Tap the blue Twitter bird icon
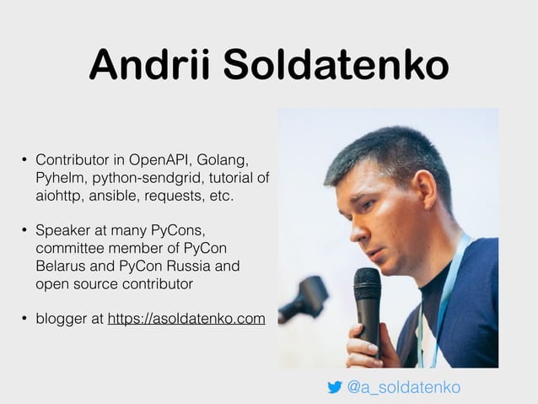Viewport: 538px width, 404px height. coord(335,387)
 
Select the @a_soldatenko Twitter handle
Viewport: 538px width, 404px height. coord(404,387)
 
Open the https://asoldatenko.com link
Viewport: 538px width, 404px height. coord(186,319)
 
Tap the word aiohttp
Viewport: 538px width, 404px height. coord(58,196)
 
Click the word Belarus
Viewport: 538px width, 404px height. coord(61,267)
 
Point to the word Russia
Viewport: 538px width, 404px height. coord(183,267)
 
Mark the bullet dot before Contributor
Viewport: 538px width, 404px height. coord(24,160)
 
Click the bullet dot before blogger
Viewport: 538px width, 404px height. coord(24,320)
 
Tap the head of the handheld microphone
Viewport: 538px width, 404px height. coord(367,285)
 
